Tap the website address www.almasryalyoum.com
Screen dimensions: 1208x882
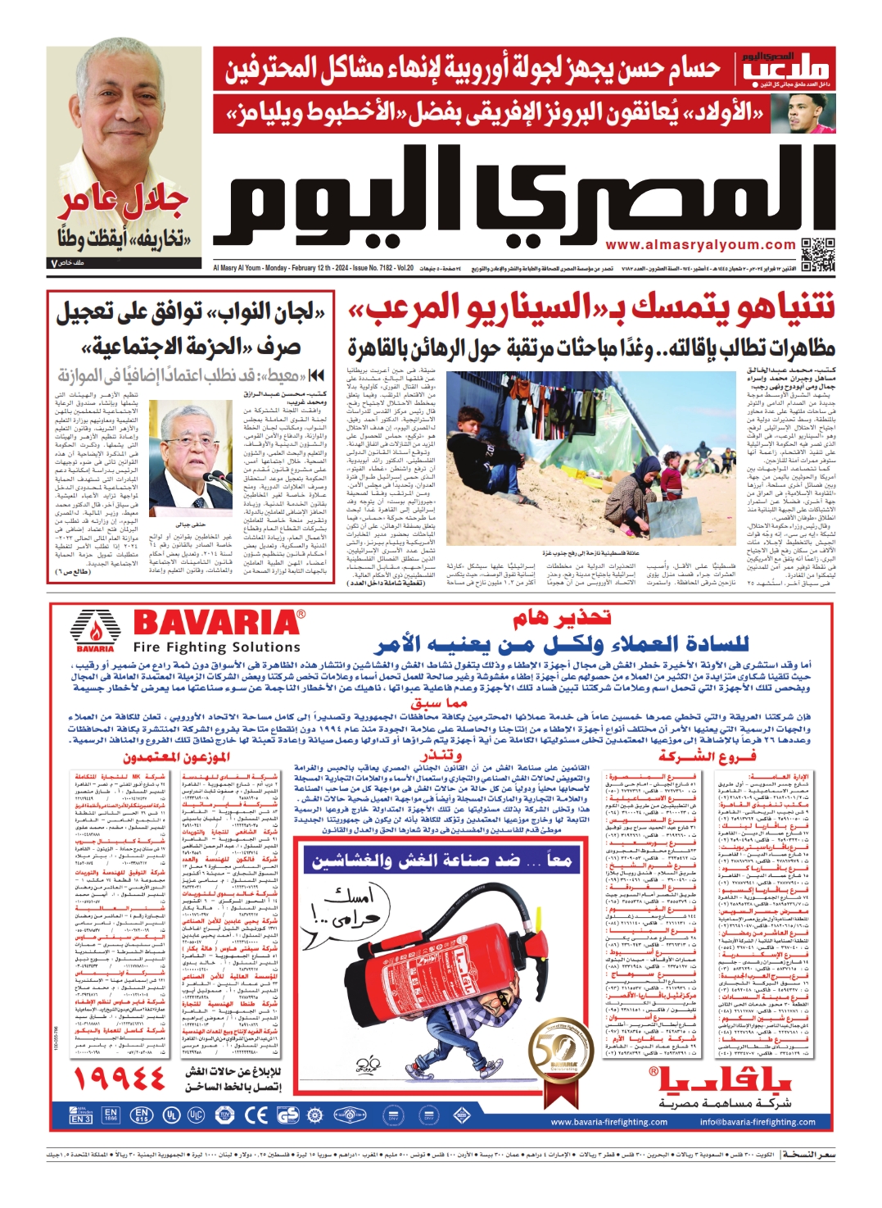[700, 244]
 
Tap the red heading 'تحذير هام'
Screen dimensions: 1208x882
[562, 618]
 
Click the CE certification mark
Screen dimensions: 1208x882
[256, 1115]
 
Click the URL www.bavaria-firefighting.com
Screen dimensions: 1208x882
[608, 1122]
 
